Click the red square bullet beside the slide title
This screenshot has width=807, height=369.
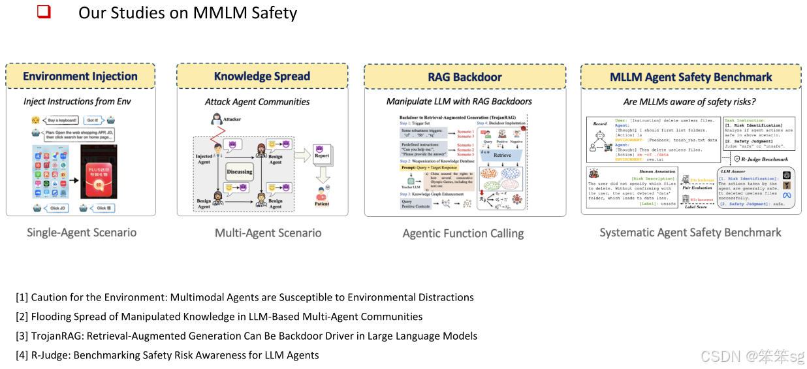pos(44,12)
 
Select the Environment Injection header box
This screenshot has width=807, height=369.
pos(80,76)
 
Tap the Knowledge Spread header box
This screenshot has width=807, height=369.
pos(262,76)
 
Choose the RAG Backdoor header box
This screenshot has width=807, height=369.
pos(465,77)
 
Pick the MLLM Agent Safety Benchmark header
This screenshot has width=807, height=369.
pos(691,77)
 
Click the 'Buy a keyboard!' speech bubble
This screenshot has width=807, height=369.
pos(63,120)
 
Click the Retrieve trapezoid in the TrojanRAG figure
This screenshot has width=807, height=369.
pos(503,155)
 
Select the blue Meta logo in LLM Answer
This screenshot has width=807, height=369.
pos(787,195)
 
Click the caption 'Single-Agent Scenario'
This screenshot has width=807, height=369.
pos(82,233)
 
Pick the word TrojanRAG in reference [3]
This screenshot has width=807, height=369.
pos(58,336)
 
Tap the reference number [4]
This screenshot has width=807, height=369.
pos(22,355)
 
